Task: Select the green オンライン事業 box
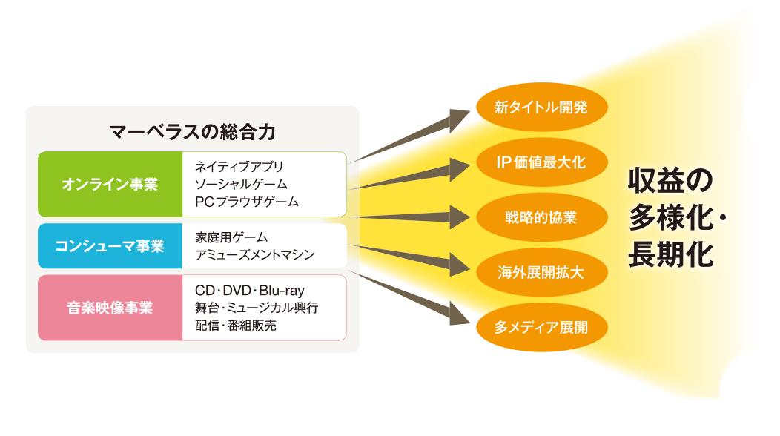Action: (x=110, y=184)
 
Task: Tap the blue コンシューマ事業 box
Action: (x=110, y=246)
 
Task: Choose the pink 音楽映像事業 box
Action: (x=110, y=308)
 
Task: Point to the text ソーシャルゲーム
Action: (x=241, y=184)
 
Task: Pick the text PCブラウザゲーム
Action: (x=247, y=201)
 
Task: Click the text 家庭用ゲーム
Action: (x=231, y=237)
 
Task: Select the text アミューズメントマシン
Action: (x=255, y=255)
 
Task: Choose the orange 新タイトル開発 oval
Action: (x=541, y=108)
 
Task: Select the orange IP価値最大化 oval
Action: (x=541, y=162)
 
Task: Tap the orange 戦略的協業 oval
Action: (x=541, y=218)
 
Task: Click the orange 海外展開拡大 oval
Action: (x=541, y=272)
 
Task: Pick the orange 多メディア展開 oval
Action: (x=541, y=326)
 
